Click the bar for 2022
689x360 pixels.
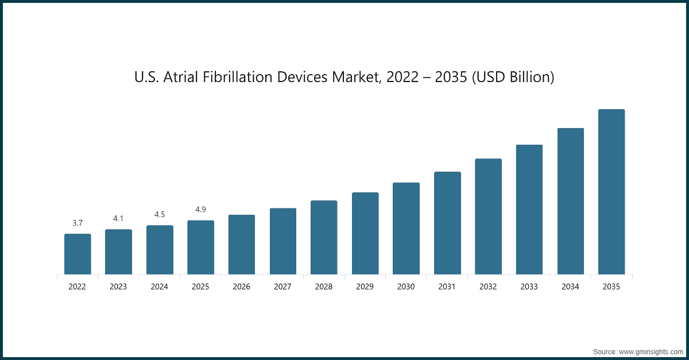point(78,254)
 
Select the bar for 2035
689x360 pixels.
point(611,192)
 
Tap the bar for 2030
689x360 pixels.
point(406,229)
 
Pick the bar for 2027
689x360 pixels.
point(283,241)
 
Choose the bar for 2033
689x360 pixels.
point(529,210)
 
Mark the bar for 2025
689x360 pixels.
point(201,247)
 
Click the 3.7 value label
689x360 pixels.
point(78,223)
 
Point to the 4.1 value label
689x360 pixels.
point(118,219)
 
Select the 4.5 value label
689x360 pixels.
point(160,214)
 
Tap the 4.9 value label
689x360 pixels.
point(201,210)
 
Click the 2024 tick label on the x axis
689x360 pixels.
point(160,287)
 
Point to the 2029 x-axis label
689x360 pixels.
point(365,287)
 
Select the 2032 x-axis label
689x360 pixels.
point(489,287)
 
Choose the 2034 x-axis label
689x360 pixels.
point(571,287)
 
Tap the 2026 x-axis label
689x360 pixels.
point(242,287)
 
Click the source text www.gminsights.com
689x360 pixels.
point(650,350)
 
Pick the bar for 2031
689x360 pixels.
point(447,223)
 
